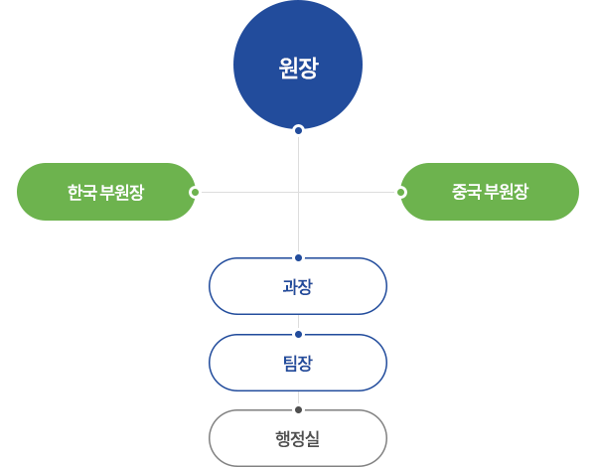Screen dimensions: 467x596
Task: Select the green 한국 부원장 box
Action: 106,192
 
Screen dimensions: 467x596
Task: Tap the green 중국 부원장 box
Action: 490,192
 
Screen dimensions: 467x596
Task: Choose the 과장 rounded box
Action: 298,286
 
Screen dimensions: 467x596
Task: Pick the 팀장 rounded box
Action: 298,363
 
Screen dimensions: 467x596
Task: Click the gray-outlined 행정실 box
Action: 298,438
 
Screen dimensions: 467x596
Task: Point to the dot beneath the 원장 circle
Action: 298,130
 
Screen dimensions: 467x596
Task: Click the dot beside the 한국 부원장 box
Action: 196,192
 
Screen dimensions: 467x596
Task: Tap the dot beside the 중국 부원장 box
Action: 400,192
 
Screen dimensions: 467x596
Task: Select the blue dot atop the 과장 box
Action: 298,258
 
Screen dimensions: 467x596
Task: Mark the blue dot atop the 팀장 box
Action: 298,334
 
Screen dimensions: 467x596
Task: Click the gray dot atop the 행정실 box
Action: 298,409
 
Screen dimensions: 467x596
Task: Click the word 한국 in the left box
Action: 81,192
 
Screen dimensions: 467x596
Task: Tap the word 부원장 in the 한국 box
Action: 121,192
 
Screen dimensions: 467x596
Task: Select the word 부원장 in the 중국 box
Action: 505,192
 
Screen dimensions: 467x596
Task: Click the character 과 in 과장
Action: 290,286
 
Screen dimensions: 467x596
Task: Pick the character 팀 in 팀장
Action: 290,363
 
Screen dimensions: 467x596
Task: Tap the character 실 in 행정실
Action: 313,438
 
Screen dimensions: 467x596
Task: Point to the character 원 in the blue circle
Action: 288,69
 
